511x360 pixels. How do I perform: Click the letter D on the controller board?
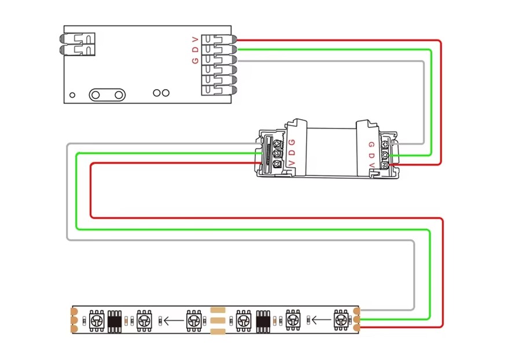pos(196,50)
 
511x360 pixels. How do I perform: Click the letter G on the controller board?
pos(196,60)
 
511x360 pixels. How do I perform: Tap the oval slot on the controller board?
pos(107,94)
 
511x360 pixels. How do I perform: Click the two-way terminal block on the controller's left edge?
pos(77,45)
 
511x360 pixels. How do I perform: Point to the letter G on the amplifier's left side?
pos(292,142)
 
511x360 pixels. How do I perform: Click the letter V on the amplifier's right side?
pos(372,165)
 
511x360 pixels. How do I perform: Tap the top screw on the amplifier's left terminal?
pos(278,143)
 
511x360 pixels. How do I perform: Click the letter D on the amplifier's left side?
pos(292,153)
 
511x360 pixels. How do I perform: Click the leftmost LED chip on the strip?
pos(96,319)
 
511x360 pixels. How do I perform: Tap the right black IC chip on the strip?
pos(264,319)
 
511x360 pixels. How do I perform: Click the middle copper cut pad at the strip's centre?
pos(217,319)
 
